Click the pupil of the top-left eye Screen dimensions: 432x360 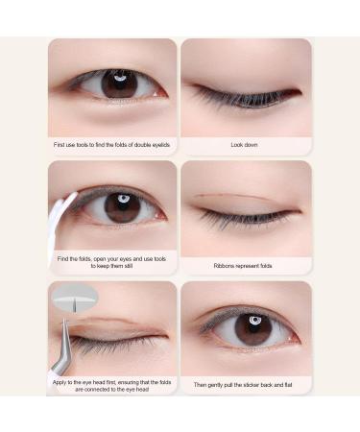tap(119, 84)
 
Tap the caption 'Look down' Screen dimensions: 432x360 tap(244, 145)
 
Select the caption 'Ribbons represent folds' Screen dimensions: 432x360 tap(244, 265)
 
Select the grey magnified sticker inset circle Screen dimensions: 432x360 tap(69, 300)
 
